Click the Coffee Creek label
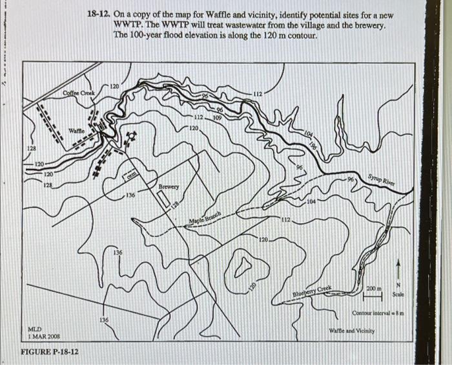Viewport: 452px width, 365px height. coord(79,93)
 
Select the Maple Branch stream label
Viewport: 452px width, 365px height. coord(206,219)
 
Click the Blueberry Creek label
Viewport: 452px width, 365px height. coord(313,293)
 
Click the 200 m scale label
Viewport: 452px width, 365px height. coord(374,287)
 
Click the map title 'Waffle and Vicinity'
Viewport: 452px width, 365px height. coord(352,331)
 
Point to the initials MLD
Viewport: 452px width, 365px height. coord(37,329)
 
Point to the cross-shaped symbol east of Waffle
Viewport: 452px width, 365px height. coord(132,137)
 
